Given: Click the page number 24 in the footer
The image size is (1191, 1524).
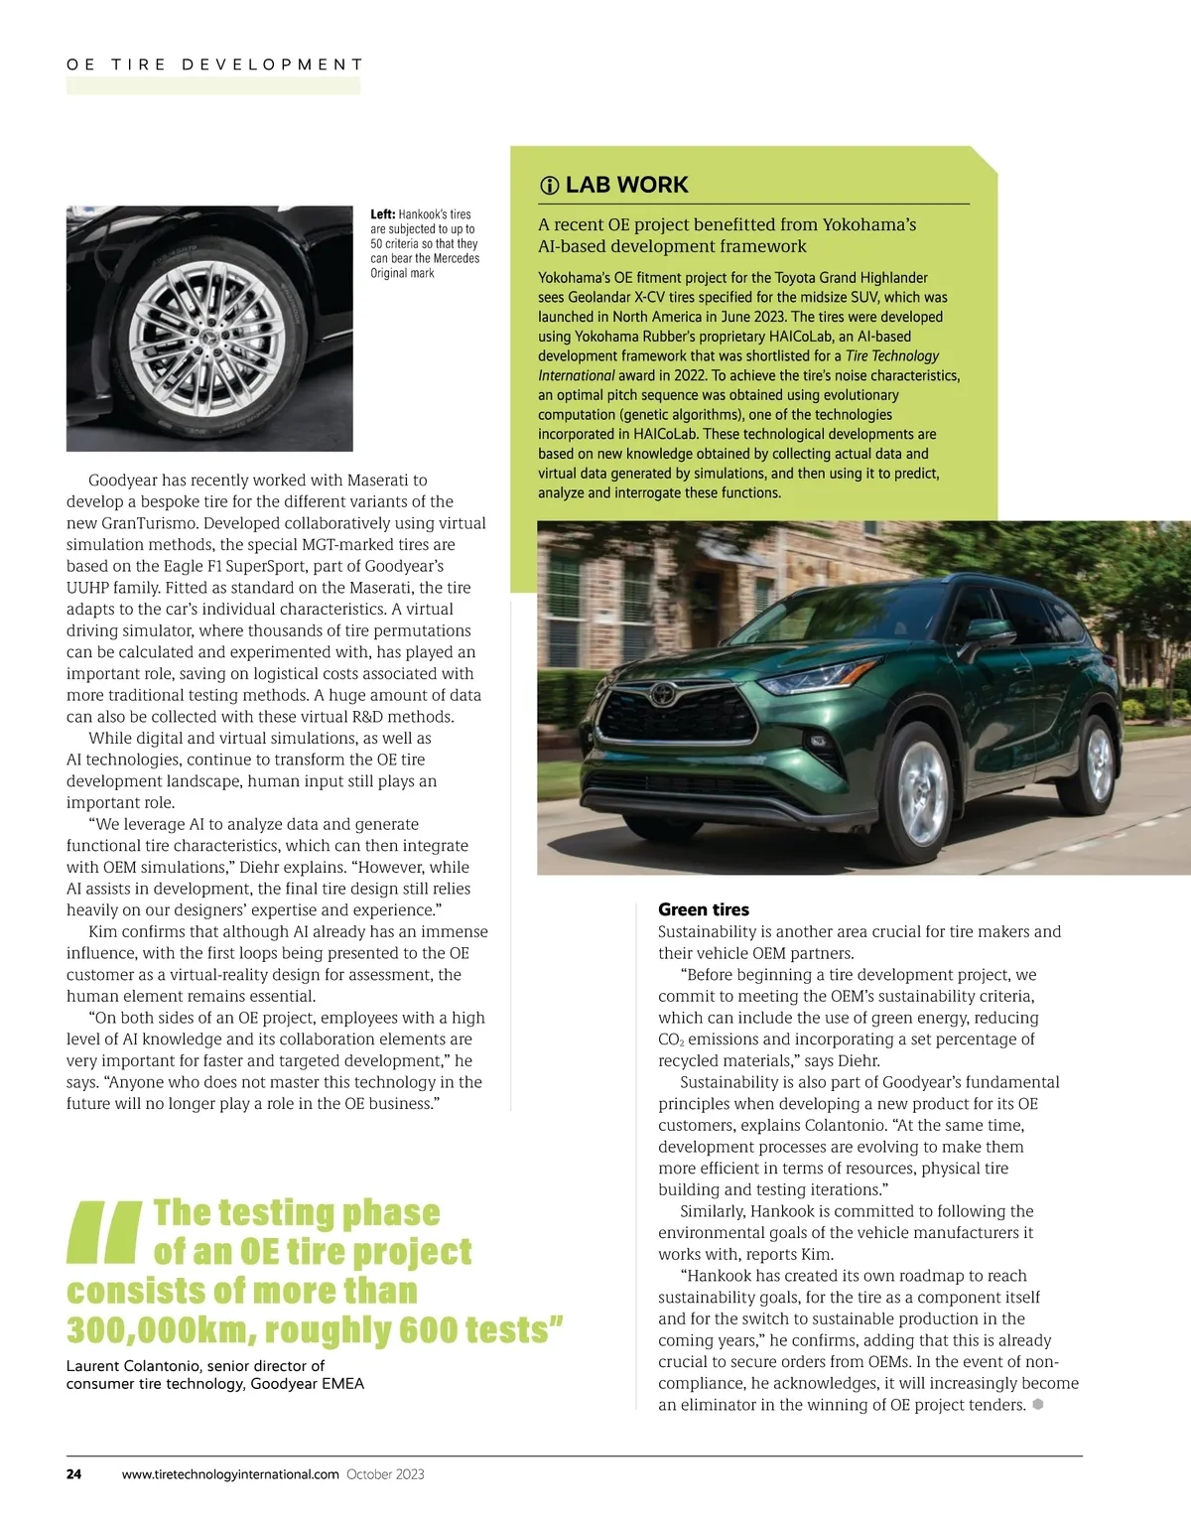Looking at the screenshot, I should tap(74, 1474).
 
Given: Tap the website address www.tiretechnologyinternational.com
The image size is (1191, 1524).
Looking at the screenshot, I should tap(230, 1474).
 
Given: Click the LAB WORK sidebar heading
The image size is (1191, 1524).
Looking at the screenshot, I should tap(626, 185).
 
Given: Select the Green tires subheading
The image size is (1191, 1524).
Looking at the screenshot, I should tap(704, 909).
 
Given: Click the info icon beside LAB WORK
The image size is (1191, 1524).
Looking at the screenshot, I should tap(549, 186).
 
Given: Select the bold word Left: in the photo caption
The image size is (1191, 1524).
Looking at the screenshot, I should tap(383, 214).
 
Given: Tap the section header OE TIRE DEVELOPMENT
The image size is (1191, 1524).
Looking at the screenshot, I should tap(214, 65).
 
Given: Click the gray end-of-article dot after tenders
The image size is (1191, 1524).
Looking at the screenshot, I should tap(1038, 1404).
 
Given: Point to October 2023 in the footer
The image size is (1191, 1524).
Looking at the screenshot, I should tap(385, 1474).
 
